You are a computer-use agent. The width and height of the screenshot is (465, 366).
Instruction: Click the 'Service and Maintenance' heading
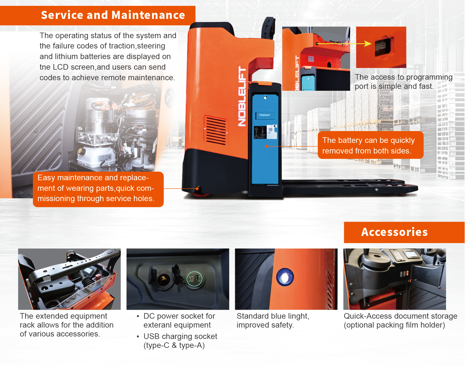113,15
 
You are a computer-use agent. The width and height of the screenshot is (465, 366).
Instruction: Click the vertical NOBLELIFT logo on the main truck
242,96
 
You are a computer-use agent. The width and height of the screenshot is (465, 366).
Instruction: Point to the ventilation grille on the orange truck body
216,130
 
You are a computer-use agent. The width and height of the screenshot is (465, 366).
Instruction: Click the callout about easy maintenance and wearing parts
98,189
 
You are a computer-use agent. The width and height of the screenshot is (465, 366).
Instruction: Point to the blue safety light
285,277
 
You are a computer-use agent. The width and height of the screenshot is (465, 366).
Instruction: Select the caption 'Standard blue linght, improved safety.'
273,321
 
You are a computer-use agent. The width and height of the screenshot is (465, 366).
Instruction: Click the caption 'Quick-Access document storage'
400,316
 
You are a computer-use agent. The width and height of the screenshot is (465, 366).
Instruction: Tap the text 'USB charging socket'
180,336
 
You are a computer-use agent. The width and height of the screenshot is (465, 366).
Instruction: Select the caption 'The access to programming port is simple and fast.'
404,82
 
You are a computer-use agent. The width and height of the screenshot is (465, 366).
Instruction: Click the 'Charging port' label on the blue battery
264,115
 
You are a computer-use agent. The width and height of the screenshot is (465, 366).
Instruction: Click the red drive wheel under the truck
201,194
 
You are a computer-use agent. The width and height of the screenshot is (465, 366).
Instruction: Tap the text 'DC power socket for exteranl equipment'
179,321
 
